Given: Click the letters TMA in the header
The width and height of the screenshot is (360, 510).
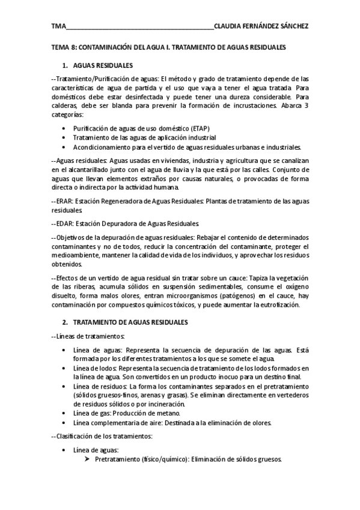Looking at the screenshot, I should click(x=58, y=26).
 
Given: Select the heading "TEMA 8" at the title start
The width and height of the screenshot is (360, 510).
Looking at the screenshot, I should click(x=61, y=46).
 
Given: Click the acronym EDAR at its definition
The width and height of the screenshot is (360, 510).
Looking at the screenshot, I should click(x=63, y=221).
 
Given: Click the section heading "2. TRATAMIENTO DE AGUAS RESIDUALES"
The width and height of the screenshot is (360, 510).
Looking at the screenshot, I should click(x=130, y=322).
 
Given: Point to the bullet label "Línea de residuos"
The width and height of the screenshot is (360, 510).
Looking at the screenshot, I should click(x=99, y=386).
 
